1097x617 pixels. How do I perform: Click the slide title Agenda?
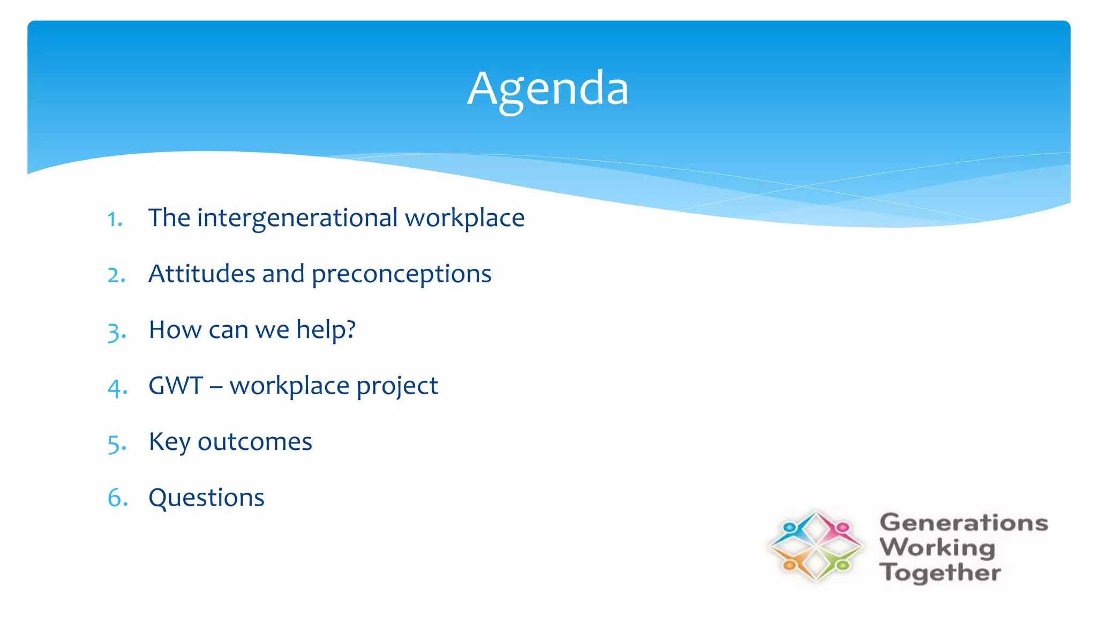[x=547, y=88]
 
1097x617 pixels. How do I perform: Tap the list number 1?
[x=115, y=219]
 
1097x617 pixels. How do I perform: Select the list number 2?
[x=116, y=275]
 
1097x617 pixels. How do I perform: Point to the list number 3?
[x=116, y=332]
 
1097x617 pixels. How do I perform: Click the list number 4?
[x=117, y=388]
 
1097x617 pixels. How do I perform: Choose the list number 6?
[x=117, y=499]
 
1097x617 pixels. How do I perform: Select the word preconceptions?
[x=401, y=275]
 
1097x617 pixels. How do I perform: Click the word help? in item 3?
[x=326, y=329]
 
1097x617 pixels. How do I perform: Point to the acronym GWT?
[x=175, y=386]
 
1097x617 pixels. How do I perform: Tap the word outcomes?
[x=254, y=442]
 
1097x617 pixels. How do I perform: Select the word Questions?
[x=206, y=498]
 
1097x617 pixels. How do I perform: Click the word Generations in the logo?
[x=963, y=523]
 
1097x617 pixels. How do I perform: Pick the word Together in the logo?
[x=940, y=573]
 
